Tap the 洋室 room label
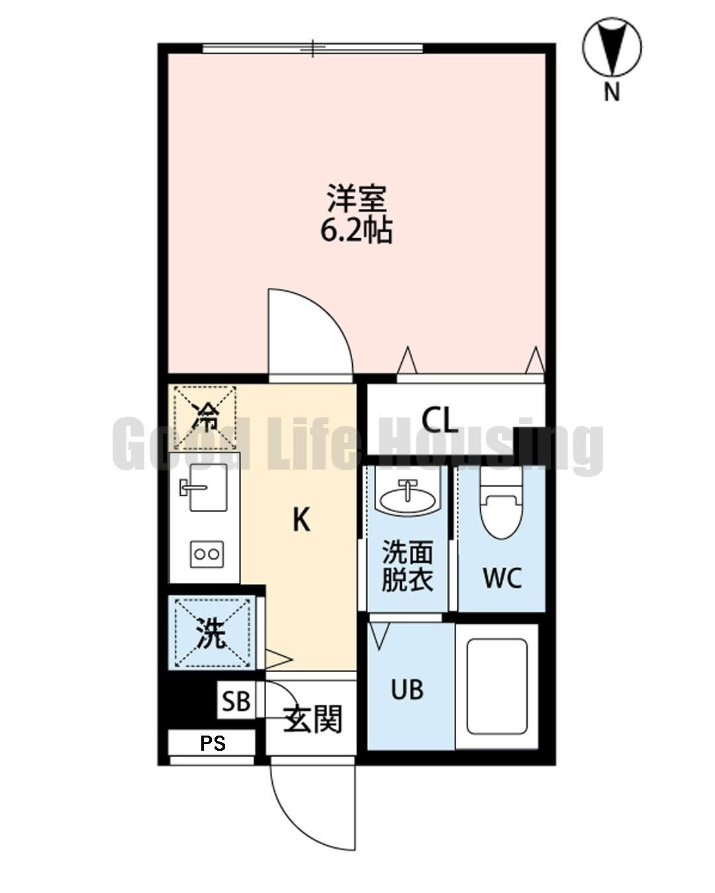tap(357, 198)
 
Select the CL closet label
tap(440, 419)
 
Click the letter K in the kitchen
tap(301, 520)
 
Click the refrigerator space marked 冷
tap(205, 416)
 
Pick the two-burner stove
tap(207, 554)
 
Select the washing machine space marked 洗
tap(213, 634)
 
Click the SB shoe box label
tap(236, 701)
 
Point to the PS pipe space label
tap(213, 744)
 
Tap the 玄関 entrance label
tap(313, 719)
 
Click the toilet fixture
tap(501, 506)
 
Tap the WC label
tap(502, 577)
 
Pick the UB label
tap(406, 690)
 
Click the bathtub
tap(497, 687)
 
